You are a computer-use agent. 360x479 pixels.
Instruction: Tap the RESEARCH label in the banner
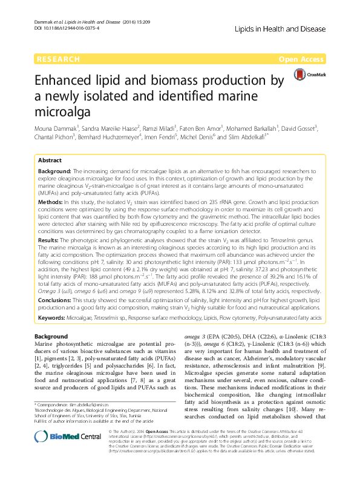[57, 59]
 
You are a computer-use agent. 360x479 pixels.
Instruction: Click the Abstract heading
[50, 160]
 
